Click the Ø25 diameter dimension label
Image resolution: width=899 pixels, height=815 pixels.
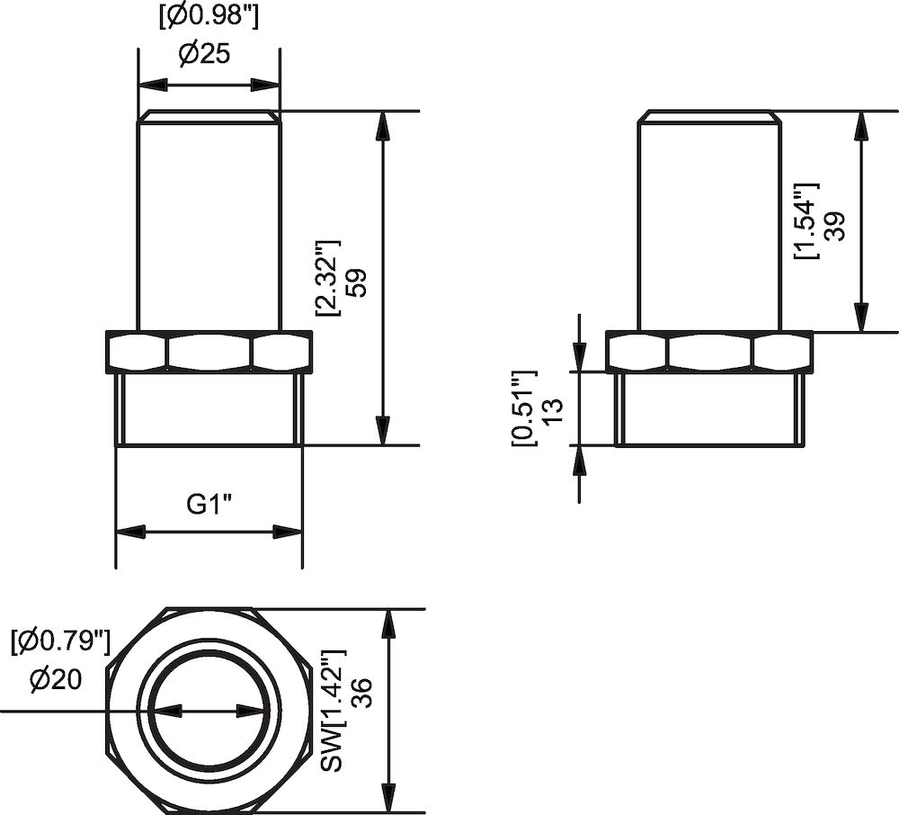tap(205, 55)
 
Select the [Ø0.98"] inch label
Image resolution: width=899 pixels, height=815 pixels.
tap(205, 17)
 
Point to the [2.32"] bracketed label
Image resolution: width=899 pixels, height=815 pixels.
tap(325, 279)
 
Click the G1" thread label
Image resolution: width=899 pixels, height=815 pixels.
tap(209, 505)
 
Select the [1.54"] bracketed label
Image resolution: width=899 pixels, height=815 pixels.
tap(806, 221)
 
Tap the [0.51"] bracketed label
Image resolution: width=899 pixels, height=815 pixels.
tap(522, 407)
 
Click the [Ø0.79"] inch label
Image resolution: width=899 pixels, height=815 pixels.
tap(60, 641)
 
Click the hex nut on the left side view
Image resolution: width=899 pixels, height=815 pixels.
tap(209, 352)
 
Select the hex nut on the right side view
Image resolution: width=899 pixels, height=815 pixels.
tap(709, 352)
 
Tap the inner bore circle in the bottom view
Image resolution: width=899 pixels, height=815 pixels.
tap(209, 711)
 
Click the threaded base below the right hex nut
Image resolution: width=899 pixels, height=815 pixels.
tap(709, 409)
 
